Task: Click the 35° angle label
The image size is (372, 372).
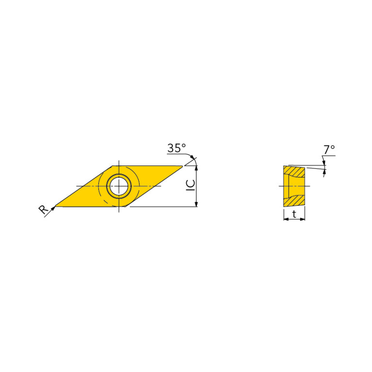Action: [x=177, y=148]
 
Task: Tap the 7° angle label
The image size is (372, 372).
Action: [x=329, y=150]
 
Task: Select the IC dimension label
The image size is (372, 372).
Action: [x=191, y=186]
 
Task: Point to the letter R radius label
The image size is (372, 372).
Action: [x=43, y=210]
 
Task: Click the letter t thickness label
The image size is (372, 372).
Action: [x=294, y=214]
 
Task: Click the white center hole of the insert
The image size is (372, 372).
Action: [x=119, y=186]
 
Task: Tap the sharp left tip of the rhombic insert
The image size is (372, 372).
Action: [x=55, y=206]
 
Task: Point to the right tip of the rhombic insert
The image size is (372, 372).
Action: [x=182, y=166]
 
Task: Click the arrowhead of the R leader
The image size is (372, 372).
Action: [x=53, y=208]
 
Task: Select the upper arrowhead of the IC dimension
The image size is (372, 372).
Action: [x=196, y=168]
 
